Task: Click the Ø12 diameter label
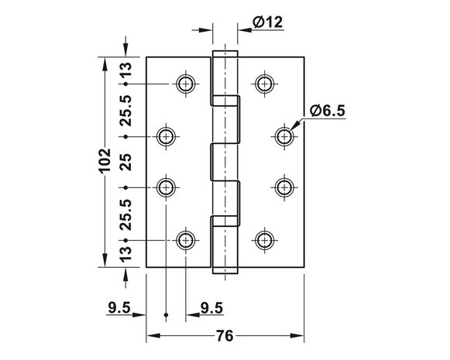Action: [x=267, y=22]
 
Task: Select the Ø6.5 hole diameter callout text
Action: [x=328, y=111]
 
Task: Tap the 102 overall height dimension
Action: [x=105, y=160]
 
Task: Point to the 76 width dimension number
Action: [x=225, y=336]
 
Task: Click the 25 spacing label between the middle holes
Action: [x=125, y=163]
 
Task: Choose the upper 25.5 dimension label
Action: [x=125, y=111]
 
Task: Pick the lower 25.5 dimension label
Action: [x=125, y=215]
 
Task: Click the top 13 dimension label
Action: [x=125, y=70]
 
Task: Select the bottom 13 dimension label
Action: [x=125, y=254]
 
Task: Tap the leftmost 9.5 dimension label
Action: [x=119, y=308]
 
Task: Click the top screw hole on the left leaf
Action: [x=186, y=84]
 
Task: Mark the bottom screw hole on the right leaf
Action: [x=265, y=240]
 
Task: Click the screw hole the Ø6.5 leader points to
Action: [x=284, y=136]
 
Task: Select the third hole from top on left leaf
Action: [x=166, y=187]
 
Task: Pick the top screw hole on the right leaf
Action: [x=265, y=84]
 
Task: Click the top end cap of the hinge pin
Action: [x=225, y=54]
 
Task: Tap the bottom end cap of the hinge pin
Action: [x=225, y=270]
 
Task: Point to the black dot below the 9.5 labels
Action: [x=166, y=315]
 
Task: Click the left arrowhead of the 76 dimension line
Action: [x=153, y=336]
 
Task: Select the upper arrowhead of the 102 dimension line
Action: [x=105, y=64]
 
